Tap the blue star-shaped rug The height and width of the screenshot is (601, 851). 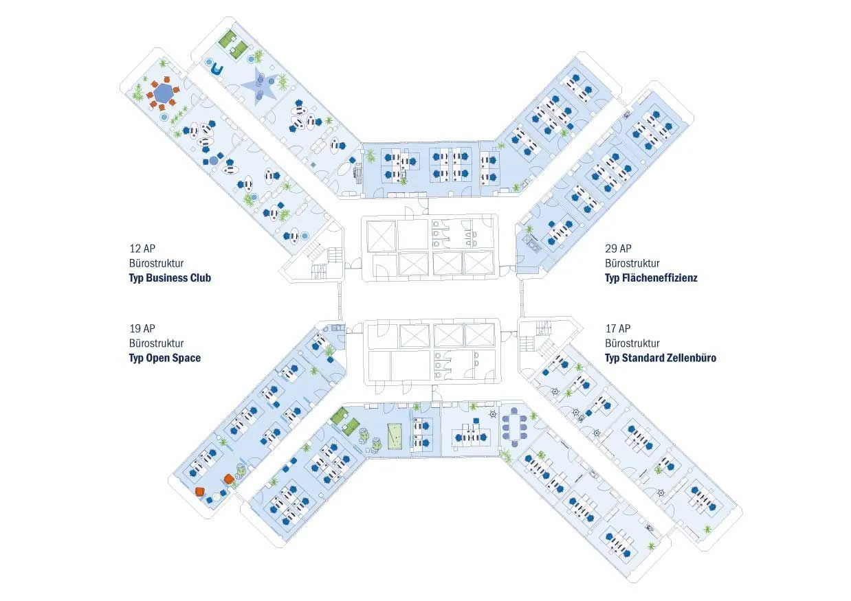click(x=259, y=85)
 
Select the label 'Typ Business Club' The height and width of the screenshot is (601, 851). click(x=170, y=278)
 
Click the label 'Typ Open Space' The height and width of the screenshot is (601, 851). click(x=165, y=358)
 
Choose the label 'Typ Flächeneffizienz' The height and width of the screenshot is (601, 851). click(x=651, y=278)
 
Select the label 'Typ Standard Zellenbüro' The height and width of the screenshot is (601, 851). click(x=661, y=358)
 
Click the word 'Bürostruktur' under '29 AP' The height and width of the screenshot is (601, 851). click(x=632, y=263)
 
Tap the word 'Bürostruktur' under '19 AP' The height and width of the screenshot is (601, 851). click(x=156, y=343)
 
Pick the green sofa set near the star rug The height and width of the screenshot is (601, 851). click(x=234, y=41)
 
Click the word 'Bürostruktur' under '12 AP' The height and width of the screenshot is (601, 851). click(x=156, y=263)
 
